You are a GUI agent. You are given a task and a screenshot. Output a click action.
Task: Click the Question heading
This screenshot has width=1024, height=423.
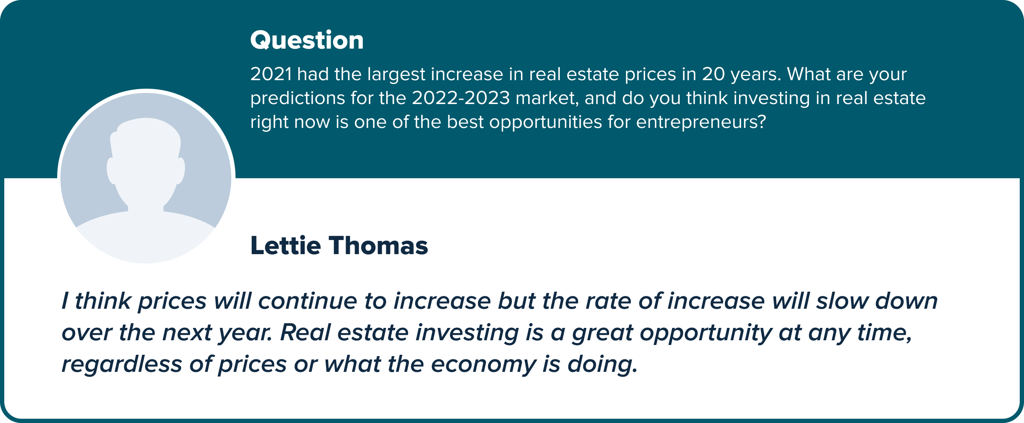(307, 41)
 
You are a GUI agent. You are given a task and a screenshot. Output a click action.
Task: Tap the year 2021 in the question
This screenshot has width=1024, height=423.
(271, 74)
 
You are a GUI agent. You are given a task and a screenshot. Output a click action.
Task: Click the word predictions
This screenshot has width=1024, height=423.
(297, 99)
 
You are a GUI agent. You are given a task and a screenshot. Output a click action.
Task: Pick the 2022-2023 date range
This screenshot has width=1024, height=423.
(461, 98)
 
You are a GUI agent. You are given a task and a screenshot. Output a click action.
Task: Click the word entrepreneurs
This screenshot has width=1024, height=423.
(701, 122)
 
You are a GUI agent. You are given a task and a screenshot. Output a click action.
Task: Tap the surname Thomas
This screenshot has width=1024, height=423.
(378, 246)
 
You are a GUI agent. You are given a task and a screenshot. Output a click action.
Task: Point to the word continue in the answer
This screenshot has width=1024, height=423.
(307, 301)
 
